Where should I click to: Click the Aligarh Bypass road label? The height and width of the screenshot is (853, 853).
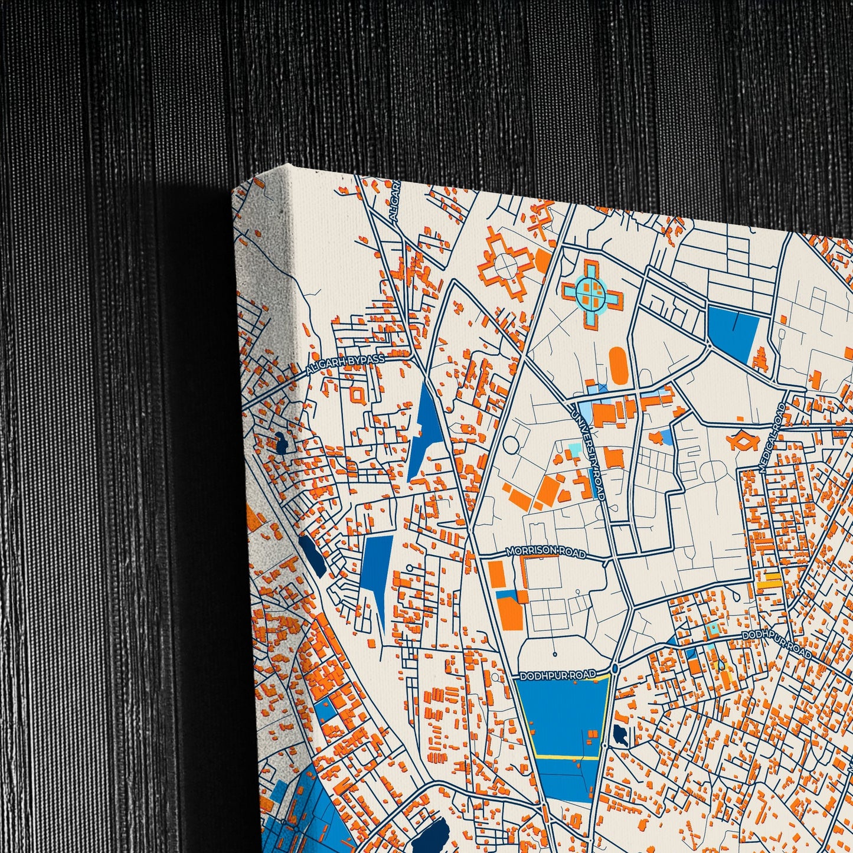pos(345,365)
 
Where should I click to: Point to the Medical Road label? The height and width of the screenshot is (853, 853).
pos(773,437)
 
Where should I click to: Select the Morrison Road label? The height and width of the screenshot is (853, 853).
pos(546,551)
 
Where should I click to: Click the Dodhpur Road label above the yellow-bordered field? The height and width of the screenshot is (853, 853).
pos(555,675)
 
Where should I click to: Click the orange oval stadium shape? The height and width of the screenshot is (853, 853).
pos(618,365)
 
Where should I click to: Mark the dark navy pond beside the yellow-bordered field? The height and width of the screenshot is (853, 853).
pos(620,734)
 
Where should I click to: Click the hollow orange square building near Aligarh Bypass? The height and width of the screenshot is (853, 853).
pos(358,394)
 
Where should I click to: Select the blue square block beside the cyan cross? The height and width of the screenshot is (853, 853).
pos(732,332)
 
